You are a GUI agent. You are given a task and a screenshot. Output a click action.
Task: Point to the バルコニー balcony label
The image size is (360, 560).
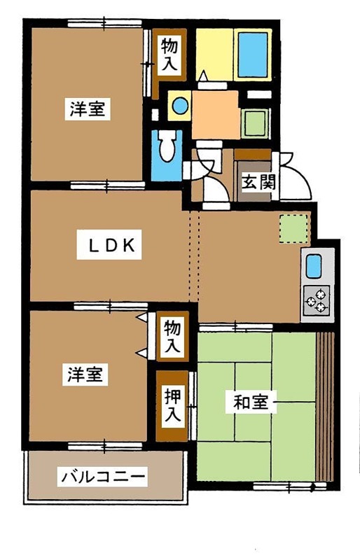(104, 477)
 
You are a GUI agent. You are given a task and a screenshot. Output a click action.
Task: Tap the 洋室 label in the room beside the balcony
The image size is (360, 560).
(87, 374)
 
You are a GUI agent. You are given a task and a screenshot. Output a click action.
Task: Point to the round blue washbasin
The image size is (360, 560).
(180, 106)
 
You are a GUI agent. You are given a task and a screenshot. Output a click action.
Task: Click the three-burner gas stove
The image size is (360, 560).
(317, 300)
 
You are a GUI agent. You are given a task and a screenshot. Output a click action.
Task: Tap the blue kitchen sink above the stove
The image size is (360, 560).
(313, 265)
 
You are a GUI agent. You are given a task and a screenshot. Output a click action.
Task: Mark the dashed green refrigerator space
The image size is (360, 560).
(293, 230)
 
